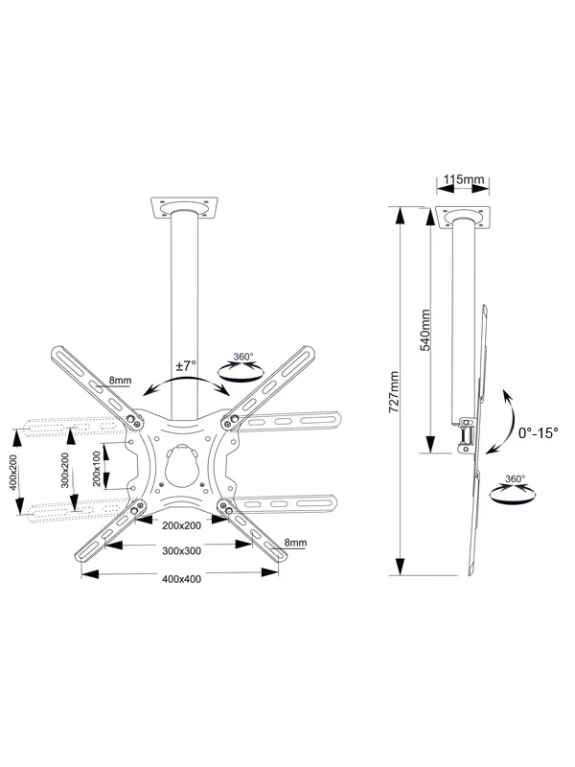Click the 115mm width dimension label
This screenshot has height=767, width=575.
click(x=464, y=179)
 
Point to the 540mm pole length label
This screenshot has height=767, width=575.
click(x=425, y=329)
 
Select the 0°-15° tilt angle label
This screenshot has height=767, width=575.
click(x=537, y=432)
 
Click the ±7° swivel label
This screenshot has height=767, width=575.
click(x=186, y=365)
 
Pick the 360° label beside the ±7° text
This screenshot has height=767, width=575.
click(x=243, y=358)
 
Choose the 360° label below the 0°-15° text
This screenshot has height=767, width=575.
click(x=515, y=478)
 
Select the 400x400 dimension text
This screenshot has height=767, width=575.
click(x=182, y=579)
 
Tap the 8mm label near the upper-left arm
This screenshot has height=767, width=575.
click(x=120, y=382)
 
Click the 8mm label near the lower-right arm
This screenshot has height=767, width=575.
click(x=294, y=544)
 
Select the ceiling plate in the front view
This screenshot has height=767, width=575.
click(x=186, y=207)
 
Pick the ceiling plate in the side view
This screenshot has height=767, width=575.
click(x=464, y=218)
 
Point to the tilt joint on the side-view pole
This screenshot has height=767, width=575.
click(x=466, y=433)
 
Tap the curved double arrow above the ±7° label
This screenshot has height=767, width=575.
click(x=185, y=384)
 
